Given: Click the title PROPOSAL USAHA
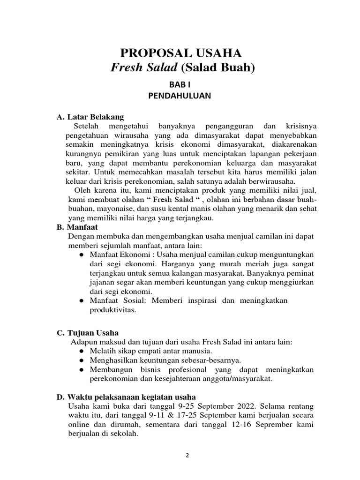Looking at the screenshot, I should pos(183,52).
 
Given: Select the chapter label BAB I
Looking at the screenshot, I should pos(180,84).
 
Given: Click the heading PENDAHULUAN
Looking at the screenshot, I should pos(180,96).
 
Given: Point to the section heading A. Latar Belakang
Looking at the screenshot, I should pos(90,117).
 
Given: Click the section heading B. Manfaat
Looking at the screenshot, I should pos(77,227).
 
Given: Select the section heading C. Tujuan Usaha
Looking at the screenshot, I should pos(88,333).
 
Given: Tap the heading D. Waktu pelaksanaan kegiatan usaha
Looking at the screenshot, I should pos(126,397).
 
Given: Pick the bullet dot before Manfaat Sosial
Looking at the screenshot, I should pos(81,300).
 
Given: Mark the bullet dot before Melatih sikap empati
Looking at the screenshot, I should pos(81,351).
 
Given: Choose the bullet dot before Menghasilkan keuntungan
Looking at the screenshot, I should pos(81,360).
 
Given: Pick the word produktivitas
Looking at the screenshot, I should pos(112,310).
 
